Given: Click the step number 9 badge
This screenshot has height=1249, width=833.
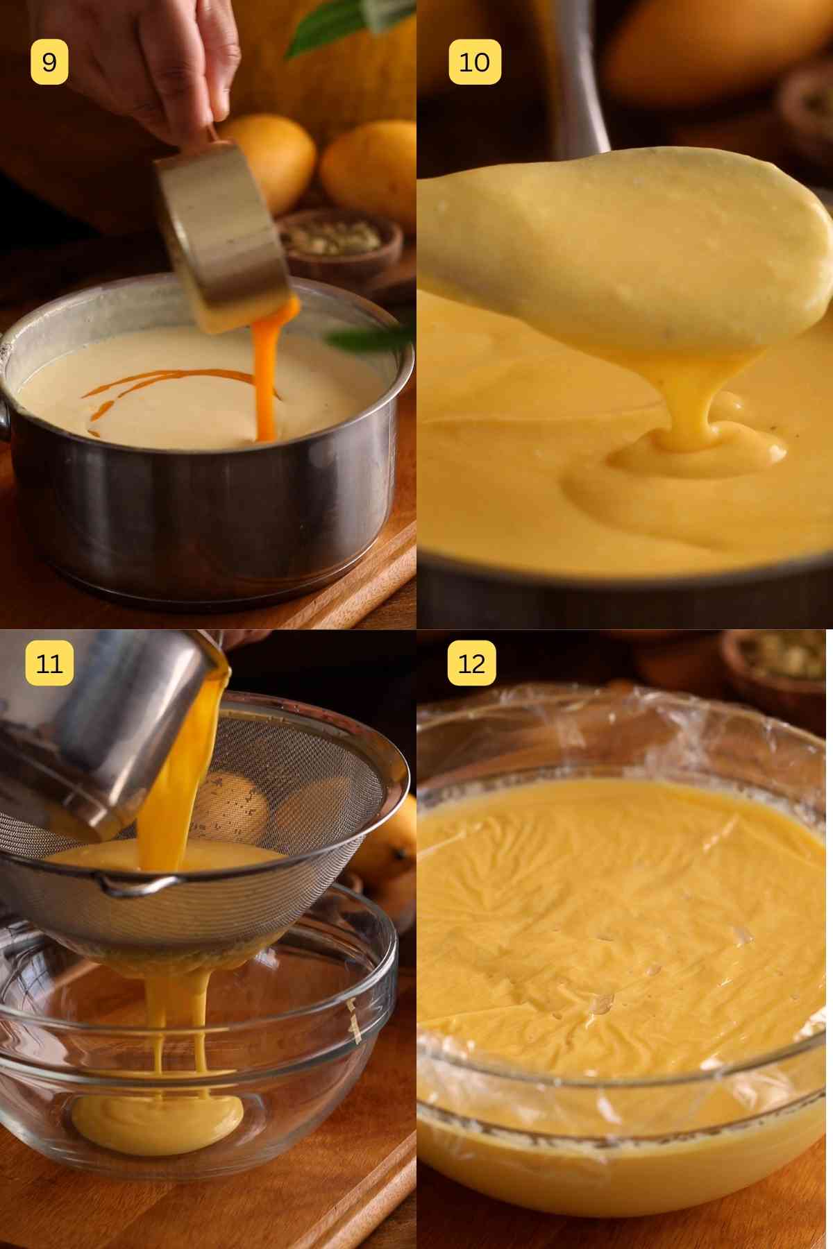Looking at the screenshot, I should (49, 62).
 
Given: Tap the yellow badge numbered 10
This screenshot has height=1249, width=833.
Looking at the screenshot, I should (475, 62).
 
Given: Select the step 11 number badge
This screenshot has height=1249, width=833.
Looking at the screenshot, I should (49, 663).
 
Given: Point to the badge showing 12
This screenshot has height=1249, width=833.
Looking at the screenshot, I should (471, 663).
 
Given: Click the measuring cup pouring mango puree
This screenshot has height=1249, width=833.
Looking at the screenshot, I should (219, 236).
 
